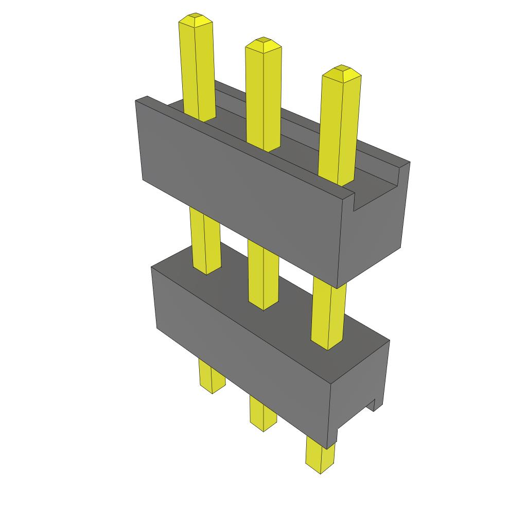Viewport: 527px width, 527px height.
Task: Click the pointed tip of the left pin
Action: tap(196, 20)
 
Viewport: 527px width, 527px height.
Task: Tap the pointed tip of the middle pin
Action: tap(263, 43)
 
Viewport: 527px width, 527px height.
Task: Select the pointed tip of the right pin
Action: tap(341, 72)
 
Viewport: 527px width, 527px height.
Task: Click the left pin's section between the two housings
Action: tap(205, 239)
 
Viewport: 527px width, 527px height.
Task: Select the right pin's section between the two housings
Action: tap(328, 314)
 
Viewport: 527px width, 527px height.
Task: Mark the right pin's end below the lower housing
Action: tap(319, 455)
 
